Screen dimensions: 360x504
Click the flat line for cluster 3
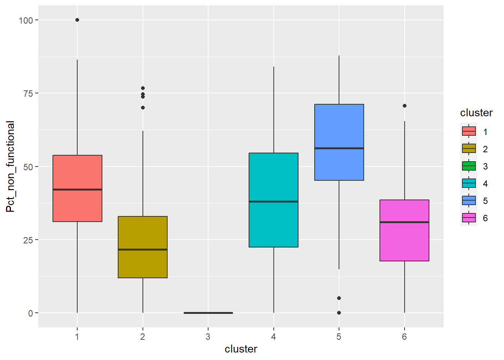point(208,313)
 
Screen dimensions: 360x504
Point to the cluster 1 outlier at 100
point(77,20)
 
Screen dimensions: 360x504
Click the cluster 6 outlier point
point(404,106)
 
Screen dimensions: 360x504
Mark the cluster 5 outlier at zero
point(339,313)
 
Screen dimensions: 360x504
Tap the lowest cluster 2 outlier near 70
point(142,108)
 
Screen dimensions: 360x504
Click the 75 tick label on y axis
point(28,93)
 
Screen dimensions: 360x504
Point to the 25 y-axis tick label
point(28,240)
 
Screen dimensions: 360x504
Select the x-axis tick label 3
point(208,337)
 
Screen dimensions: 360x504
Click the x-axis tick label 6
point(404,337)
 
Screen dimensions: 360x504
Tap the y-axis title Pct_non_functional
point(10,166)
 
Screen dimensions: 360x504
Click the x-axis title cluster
point(241,349)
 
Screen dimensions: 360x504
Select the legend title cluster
point(476,113)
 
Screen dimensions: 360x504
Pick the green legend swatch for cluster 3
point(469,166)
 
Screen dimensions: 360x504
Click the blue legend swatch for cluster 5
point(469,201)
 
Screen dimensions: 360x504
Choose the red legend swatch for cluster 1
point(469,131)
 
